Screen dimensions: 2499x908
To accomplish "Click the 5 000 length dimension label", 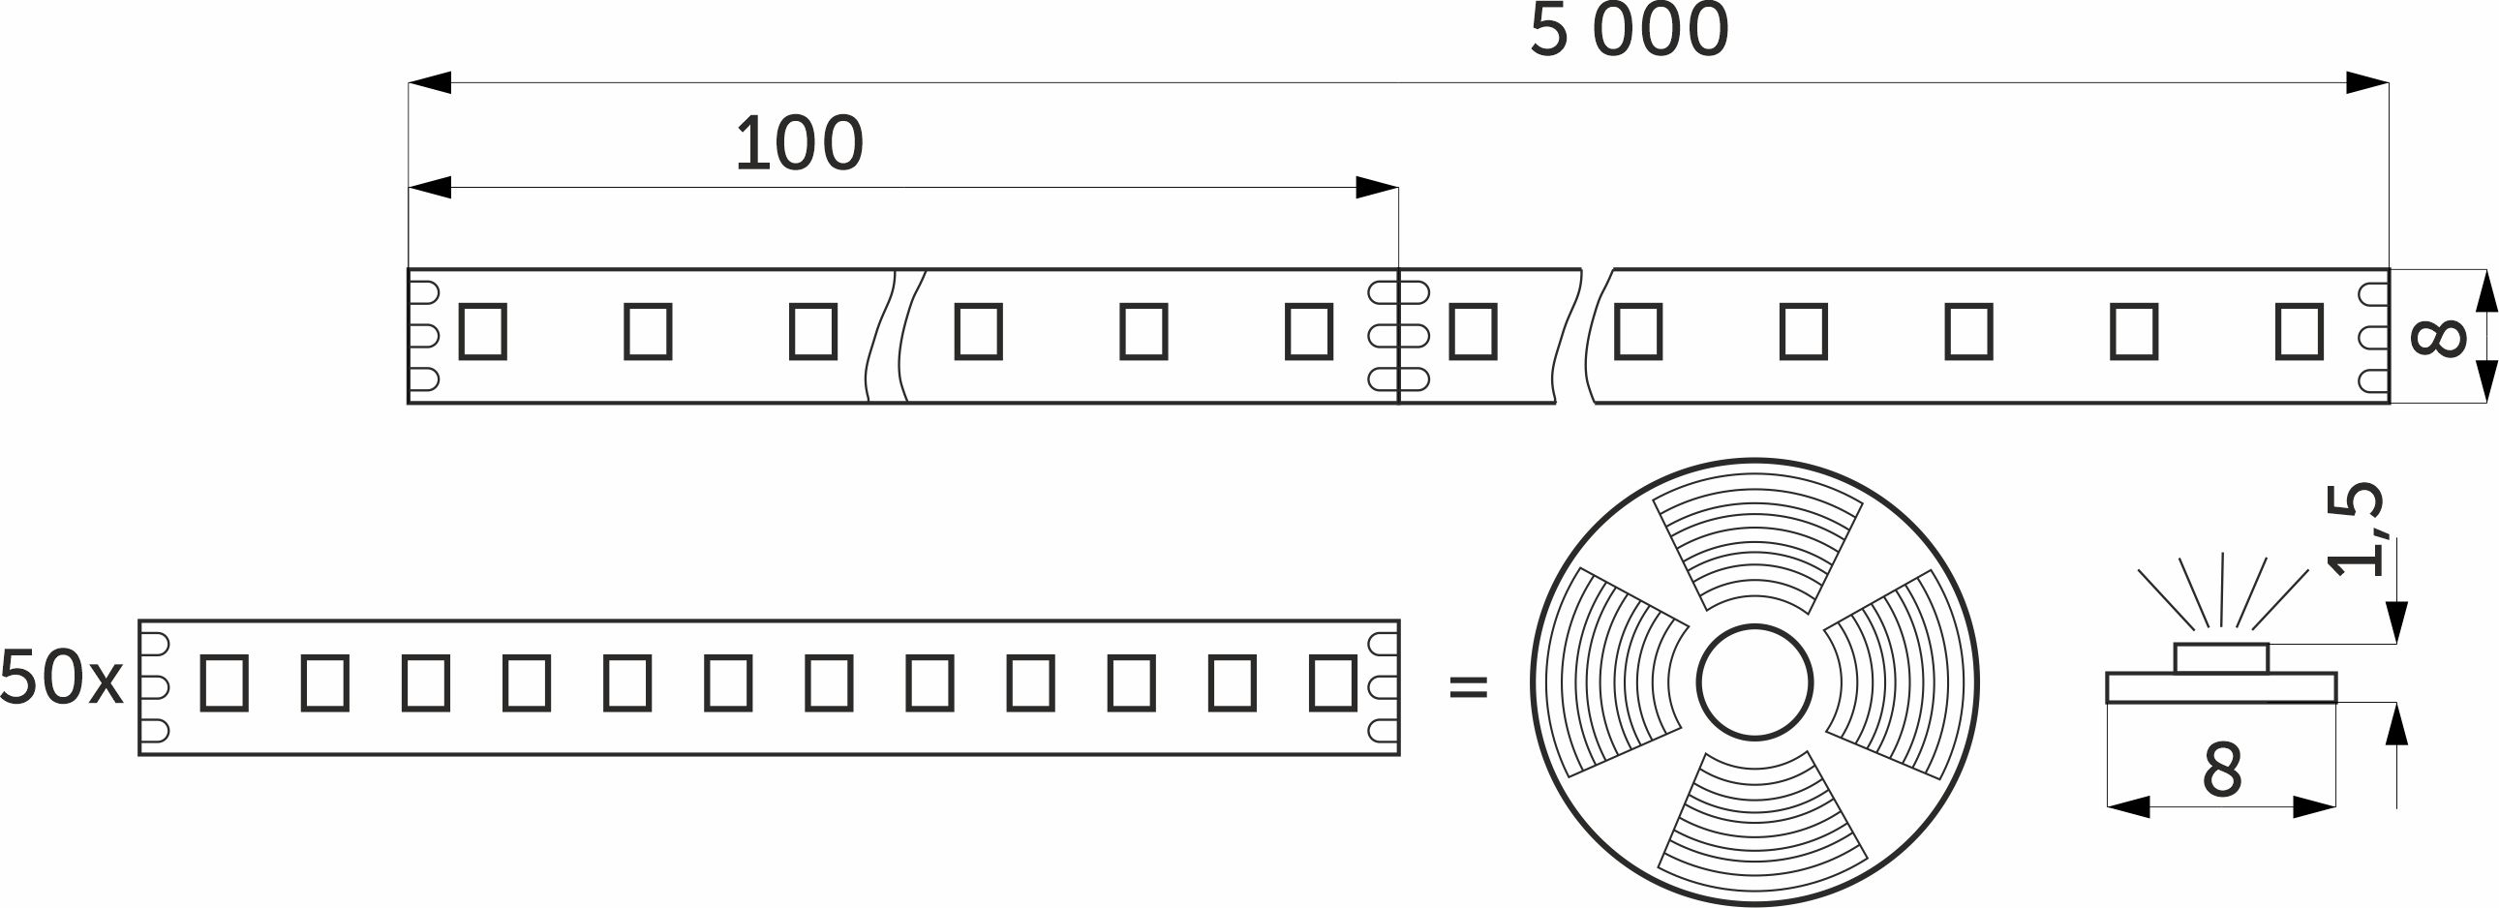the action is tap(1629, 30).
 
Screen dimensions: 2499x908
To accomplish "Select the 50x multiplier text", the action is tap(61, 676).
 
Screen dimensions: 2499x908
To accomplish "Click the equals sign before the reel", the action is tap(1468, 687).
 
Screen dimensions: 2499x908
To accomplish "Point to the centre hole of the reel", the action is tap(1755, 682).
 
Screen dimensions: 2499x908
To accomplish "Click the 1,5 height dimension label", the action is tap(2355, 529).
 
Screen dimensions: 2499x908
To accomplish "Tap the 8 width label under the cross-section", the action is tap(2222, 771).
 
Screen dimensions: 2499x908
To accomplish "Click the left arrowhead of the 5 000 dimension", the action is tap(430, 82).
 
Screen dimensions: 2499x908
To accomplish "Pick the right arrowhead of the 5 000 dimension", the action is tap(2367, 82).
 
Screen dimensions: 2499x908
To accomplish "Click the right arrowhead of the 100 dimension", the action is tap(1377, 187).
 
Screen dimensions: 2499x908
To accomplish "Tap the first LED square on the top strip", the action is tap(483, 332).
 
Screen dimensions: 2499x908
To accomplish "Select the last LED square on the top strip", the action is tap(2300, 332).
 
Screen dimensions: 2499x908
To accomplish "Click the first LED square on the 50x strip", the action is tap(224, 683).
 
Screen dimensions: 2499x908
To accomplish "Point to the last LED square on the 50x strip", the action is tap(1333, 683).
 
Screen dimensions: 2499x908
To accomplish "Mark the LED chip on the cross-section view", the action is tap(2221, 657).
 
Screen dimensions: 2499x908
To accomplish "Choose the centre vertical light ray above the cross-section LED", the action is tap(2221, 590).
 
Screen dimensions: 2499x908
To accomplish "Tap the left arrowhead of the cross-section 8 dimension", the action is tap(2128, 806).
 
